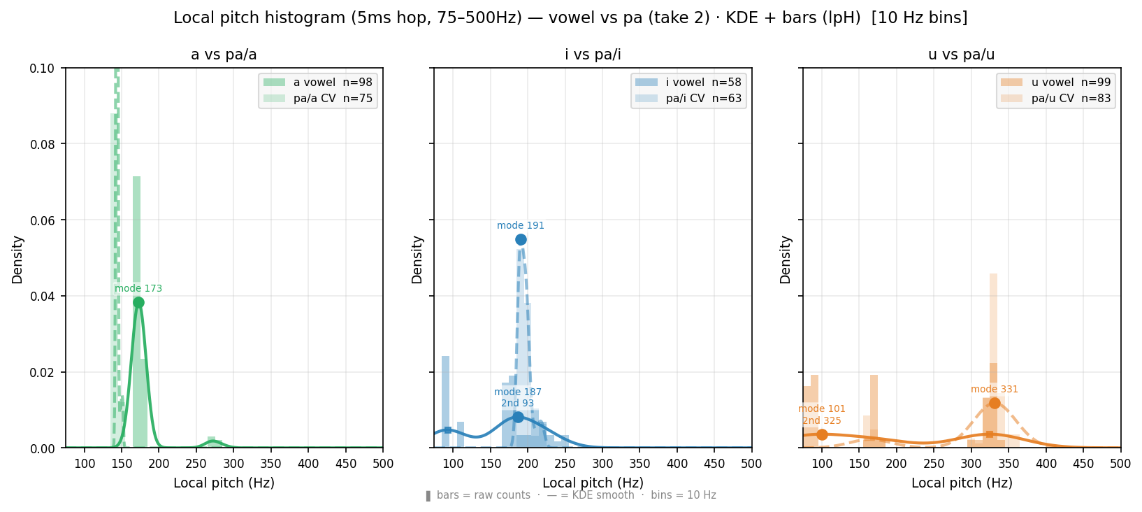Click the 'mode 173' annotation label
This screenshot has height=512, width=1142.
138,288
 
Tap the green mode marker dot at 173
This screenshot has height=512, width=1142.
138,303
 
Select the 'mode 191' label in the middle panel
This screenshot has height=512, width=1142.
521,226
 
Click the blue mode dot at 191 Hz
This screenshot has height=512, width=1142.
521,239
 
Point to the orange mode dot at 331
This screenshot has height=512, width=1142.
994,404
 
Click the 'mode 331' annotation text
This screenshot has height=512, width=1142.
994,389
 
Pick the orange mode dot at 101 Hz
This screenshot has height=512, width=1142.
822,435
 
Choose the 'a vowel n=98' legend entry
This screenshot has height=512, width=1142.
318,82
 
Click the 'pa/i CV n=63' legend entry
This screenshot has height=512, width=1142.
688,99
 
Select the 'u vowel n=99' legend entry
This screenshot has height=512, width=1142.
1056,82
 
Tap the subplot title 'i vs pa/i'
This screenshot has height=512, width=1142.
593,55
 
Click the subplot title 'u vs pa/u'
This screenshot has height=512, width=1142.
962,55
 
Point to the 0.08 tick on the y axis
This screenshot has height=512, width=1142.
44,144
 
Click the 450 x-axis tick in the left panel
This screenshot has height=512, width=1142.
346,464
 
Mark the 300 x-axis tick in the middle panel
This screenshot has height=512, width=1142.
602,464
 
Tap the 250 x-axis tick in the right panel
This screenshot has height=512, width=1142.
934,464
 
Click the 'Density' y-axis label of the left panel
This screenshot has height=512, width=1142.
17,259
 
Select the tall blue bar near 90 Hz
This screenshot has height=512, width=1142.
446,401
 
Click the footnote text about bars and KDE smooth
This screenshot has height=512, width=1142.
571,495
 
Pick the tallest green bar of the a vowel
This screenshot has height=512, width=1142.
136,312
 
